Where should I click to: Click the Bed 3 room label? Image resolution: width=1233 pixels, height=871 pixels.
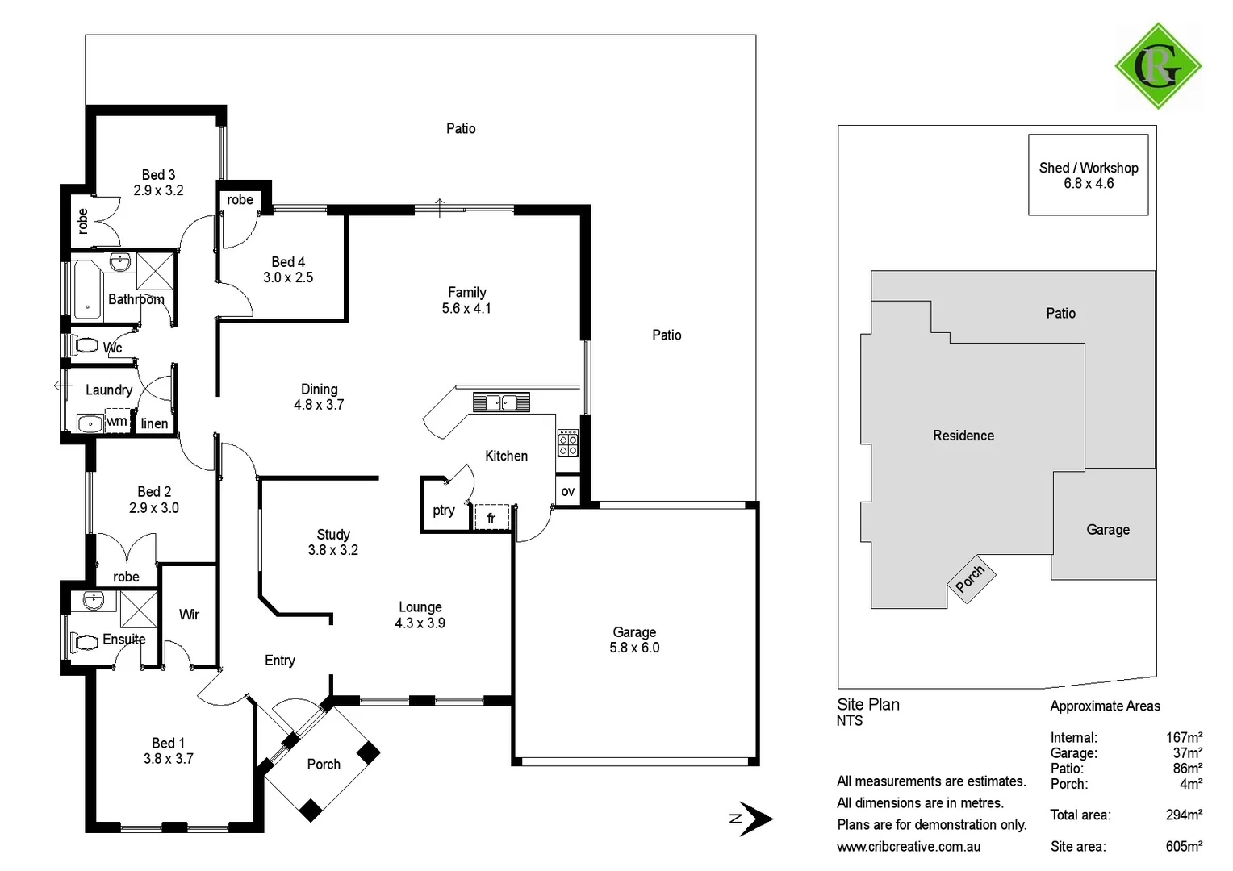158,175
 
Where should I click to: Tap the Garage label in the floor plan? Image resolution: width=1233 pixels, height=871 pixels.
634,632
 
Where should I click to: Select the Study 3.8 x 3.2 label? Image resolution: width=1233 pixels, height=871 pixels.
332,542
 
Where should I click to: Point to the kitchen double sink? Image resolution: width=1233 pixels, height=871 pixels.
500,401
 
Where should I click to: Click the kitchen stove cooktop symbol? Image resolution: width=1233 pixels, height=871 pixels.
568,443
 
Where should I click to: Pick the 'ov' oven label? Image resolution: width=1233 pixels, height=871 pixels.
567,491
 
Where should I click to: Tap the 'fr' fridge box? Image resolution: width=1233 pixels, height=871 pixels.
491,518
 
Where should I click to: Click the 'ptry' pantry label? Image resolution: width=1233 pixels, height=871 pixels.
444,510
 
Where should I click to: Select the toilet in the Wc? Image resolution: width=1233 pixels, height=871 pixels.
83,346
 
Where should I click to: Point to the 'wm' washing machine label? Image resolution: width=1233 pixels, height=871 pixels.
117,421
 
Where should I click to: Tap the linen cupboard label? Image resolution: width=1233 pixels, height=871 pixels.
154,423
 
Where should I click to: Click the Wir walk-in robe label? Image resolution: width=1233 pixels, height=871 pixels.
189,615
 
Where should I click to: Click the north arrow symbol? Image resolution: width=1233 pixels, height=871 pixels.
754,819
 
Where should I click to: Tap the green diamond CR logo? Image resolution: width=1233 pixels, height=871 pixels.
1158,66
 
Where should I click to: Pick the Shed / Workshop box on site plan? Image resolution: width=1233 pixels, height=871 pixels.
1088,175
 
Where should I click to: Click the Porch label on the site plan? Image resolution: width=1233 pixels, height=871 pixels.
970,578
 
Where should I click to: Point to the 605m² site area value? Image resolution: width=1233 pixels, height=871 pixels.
1184,846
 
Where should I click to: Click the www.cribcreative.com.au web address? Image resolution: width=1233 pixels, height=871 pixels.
909,846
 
